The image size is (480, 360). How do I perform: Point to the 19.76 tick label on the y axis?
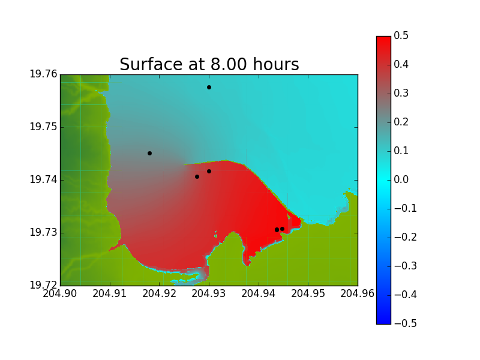[43, 74]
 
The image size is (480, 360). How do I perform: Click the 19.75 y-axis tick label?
[43, 127]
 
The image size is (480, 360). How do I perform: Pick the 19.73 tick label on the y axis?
[43, 232]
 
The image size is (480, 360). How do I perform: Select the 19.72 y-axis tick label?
[43, 285]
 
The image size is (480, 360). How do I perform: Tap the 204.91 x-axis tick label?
[110, 293]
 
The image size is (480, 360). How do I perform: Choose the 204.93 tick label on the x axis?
[209, 293]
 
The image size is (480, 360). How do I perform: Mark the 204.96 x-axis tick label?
[358, 293]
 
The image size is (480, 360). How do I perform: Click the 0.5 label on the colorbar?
[401, 35]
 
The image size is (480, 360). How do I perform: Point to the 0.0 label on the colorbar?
[401, 179]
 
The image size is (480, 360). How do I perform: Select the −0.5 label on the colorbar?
[406, 323]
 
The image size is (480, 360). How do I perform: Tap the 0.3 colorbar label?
[401, 93]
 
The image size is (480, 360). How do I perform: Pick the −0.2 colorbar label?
[406, 237]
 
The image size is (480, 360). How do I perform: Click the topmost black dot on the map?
[209, 87]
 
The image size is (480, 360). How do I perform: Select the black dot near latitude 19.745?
[149, 153]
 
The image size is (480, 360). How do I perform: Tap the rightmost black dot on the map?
[282, 229]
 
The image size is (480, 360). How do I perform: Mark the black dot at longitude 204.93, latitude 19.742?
[209, 171]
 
